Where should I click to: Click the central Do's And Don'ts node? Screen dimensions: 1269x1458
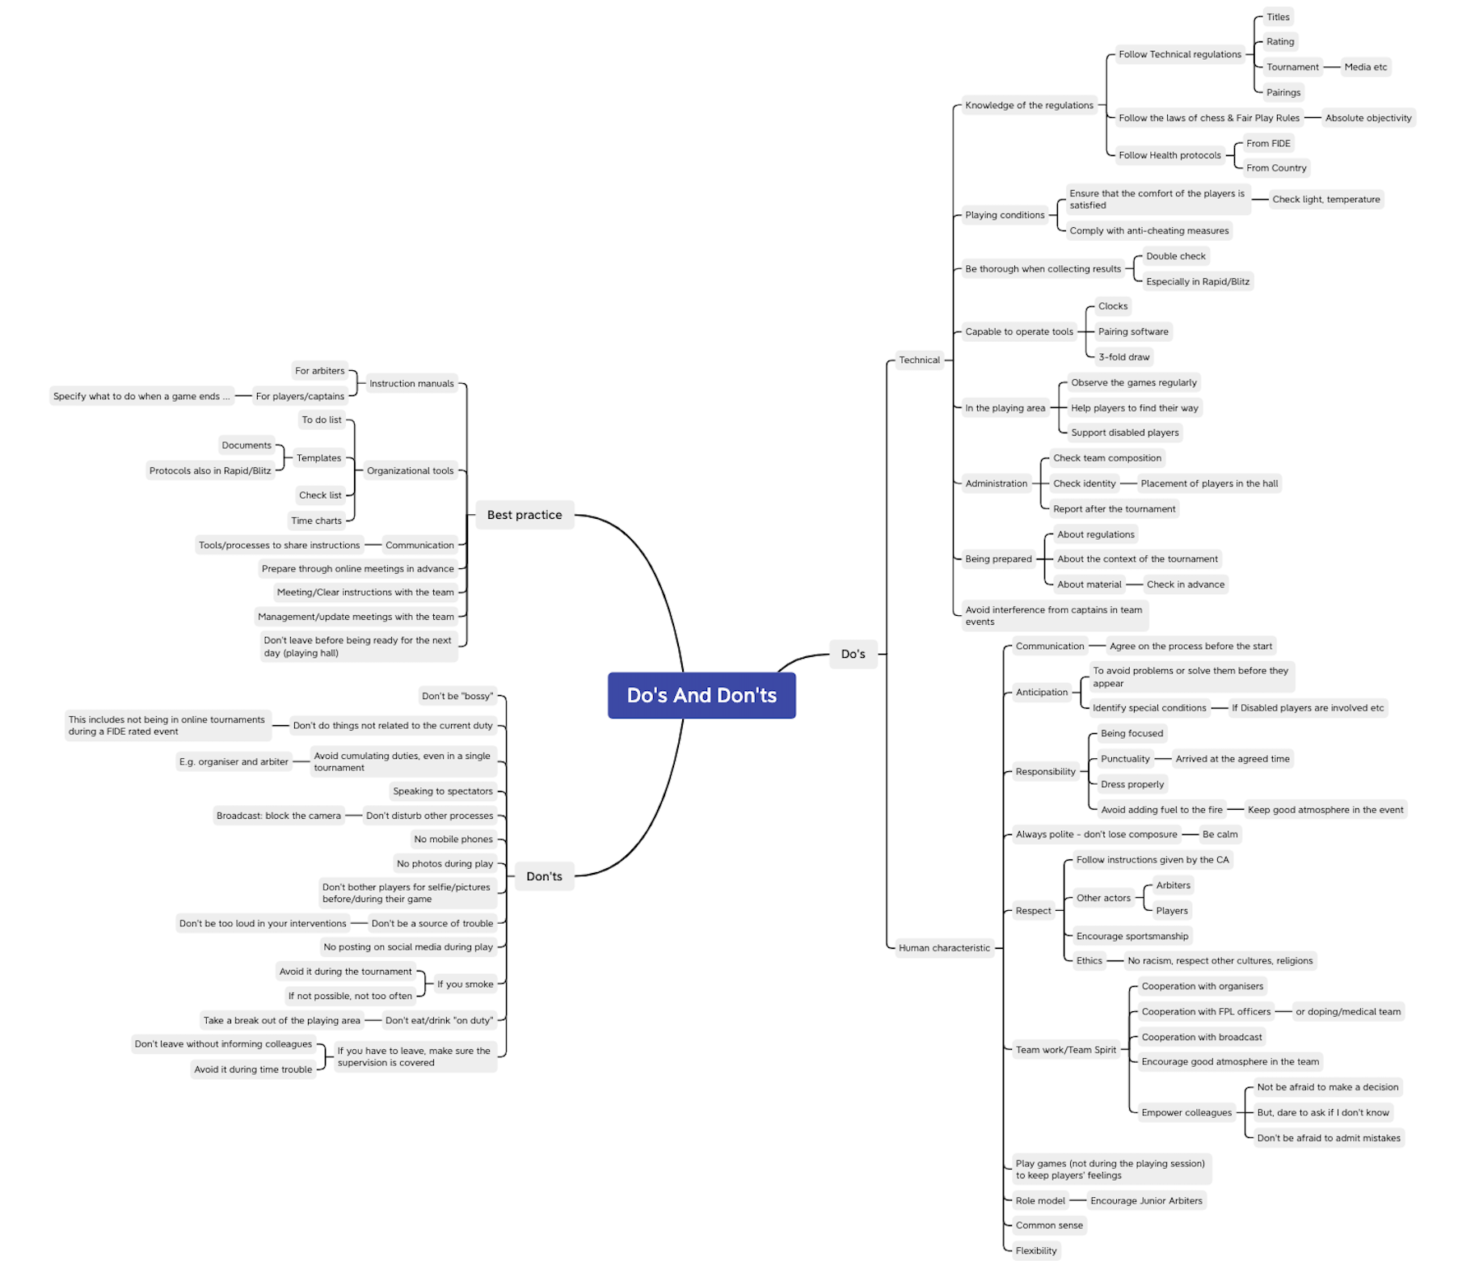point(702,695)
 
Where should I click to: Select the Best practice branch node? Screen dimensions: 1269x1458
point(524,515)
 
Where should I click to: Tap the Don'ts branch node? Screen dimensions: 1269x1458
point(544,876)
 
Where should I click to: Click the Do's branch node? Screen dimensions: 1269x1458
point(853,654)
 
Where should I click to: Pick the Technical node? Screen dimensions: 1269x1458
point(919,360)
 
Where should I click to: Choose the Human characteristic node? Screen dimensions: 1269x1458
point(943,948)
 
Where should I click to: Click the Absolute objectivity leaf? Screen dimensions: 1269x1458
point(1367,118)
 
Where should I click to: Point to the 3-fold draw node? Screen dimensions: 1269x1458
point(1123,357)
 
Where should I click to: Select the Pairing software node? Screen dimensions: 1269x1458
point(1133,331)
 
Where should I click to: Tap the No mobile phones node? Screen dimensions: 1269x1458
point(453,839)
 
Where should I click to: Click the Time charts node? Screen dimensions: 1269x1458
point(316,521)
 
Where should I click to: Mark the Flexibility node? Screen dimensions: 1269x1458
point(1035,1250)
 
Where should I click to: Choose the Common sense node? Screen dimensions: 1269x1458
point(1049,1225)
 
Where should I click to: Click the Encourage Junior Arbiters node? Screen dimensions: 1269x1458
point(1146,1200)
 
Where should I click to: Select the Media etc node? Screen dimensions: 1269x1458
point(1365,67)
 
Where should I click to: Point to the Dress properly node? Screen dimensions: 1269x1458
point(1132,784)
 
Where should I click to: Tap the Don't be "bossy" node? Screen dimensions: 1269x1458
point(457,696)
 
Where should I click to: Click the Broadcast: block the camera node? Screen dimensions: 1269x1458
point(278,816)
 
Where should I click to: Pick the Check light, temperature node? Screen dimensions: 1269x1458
point(1325,200)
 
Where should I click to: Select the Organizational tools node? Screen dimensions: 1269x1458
point(410,470)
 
